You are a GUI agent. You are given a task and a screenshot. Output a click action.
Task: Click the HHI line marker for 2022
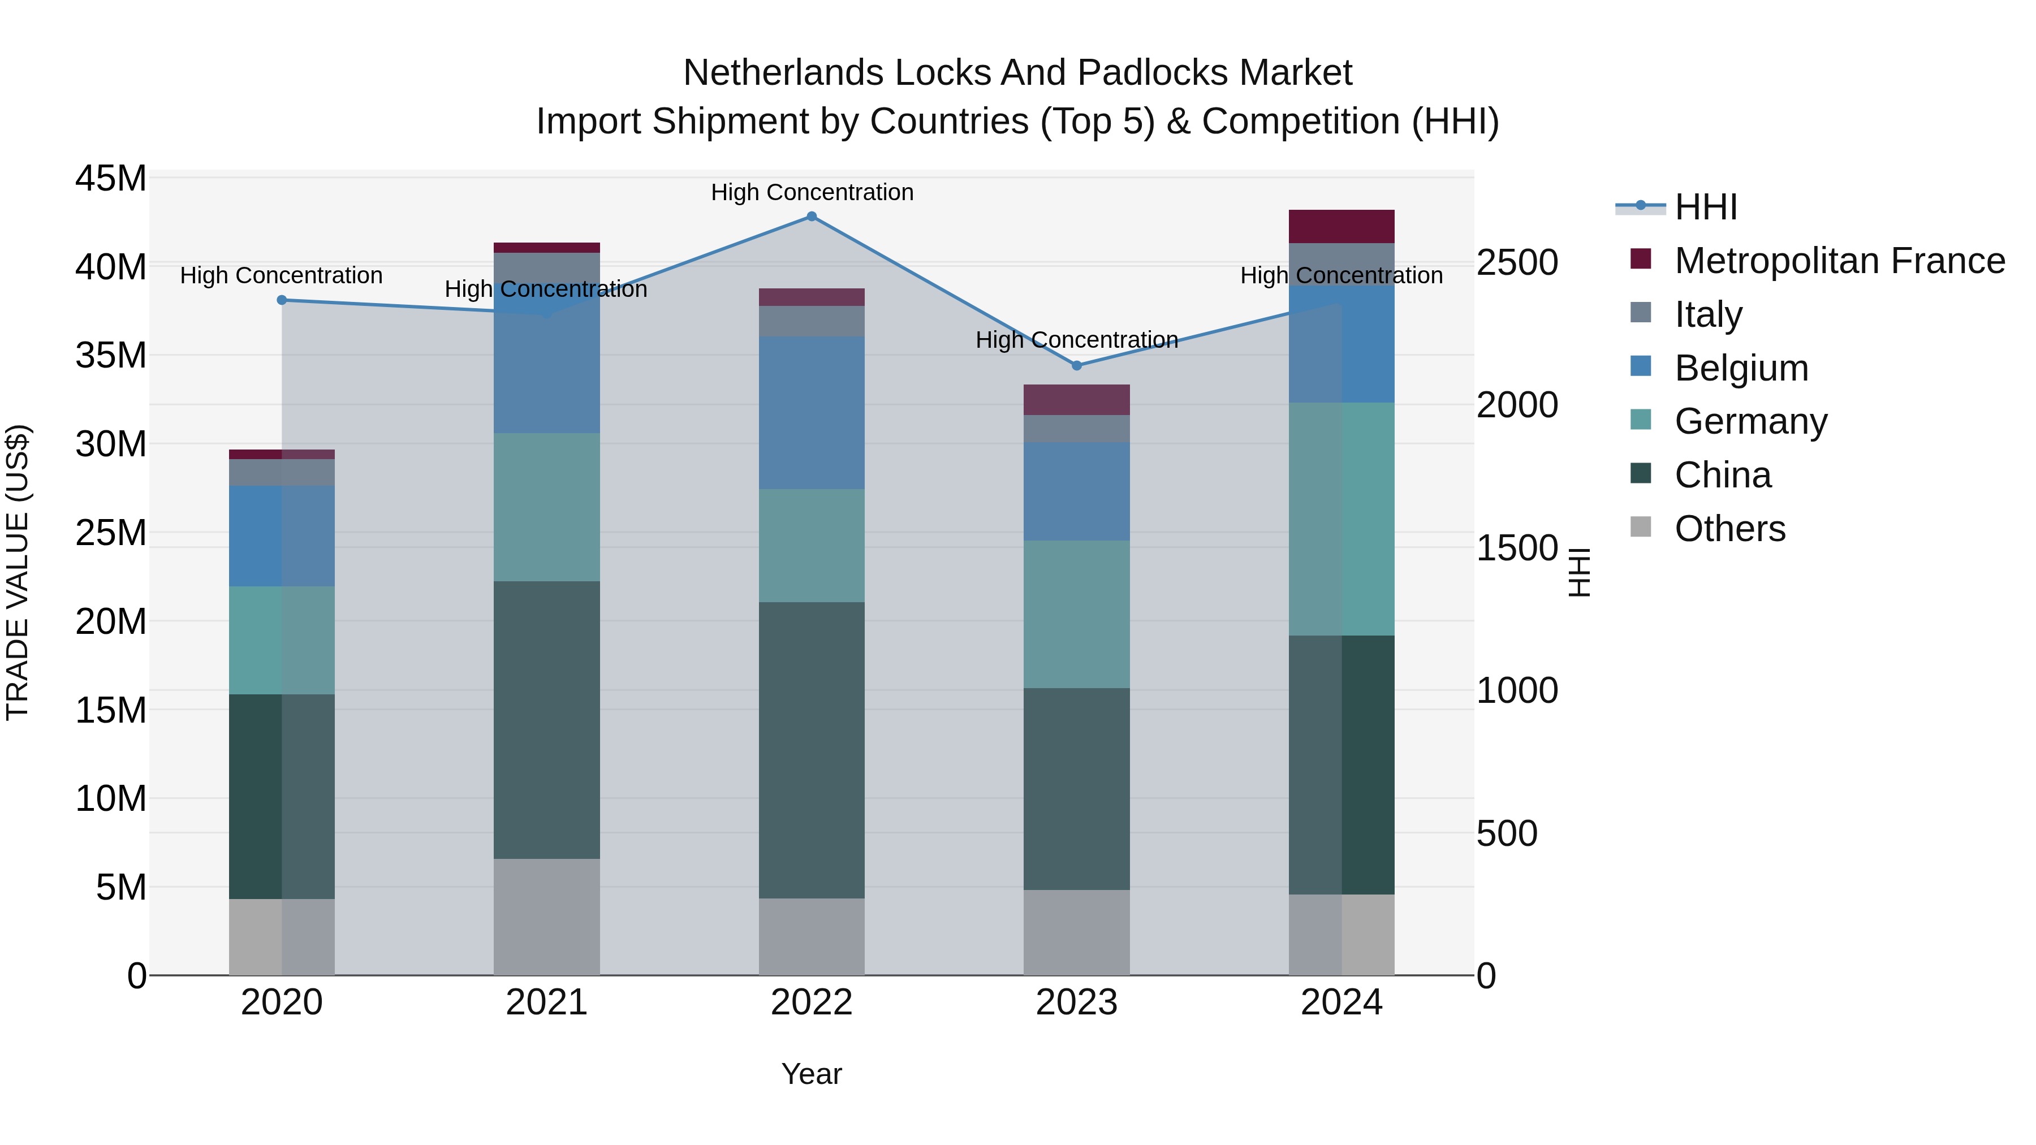pyautogui.click(x=811, y=217)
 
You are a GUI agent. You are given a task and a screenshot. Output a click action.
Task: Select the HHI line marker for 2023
pyautogui.click(x=1076, y=365)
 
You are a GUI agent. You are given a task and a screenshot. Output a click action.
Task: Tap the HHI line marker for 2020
pyautogui.click(x=282, y=300)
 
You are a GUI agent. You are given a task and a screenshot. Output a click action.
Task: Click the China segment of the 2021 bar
pyautogui.click(x=546, y=719)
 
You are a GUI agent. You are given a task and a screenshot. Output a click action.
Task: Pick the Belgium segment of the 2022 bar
pyautogui.click(x=811, y=413)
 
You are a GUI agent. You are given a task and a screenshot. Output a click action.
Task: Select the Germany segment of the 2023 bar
pyautogui.click(x=1076, y=614)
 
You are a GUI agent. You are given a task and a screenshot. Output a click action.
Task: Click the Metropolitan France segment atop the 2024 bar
pyautogui.click(x=1341, y=227)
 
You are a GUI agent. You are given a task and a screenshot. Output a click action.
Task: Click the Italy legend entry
pyautogui.click(x=1707, y=314)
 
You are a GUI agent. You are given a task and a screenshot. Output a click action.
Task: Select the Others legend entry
pyautogui.click(x=1729, y=529)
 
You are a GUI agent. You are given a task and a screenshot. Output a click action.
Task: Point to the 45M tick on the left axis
pyautogui.click(x=111, y=179)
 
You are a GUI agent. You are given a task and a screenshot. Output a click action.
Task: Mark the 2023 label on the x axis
pyautogui.click(x=1076, y=1003)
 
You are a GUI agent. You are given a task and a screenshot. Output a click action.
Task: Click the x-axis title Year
pyautogui.click(x=811, y=1074)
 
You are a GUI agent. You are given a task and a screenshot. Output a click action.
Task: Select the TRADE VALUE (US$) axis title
pyautogui.click(x=18, y=572)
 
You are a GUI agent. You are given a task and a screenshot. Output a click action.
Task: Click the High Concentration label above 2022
pyautogui.click(x=812, y=192)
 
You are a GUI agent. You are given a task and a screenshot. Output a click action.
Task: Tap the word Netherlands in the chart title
pyautogui.click(x=783, y=73)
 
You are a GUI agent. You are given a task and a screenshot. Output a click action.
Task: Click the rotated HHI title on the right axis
pyautogui.click(x=1578, y=572)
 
